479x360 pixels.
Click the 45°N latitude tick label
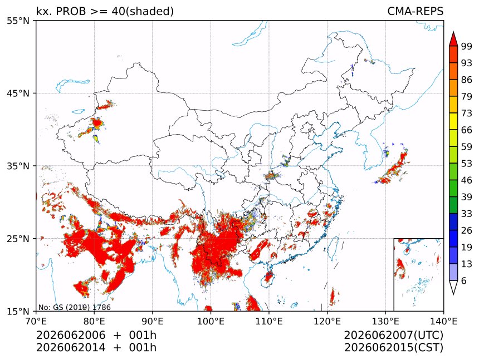(18, 93)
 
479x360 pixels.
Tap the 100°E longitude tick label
(211, 321)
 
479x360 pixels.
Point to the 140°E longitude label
(443, 321)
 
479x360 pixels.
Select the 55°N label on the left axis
(18, 21)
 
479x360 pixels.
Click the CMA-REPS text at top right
(415, 11)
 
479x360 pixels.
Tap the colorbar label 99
(467, 47)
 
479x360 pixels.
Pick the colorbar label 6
(464, 280)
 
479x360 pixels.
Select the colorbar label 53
(467, 164)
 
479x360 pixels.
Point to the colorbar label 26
(467, 230)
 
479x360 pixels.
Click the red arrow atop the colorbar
(453, 38)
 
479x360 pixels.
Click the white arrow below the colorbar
(453, 288)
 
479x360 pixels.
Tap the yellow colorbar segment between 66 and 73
(453, 121)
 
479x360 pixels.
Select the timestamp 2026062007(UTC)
(394, 335)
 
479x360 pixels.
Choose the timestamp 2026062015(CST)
(394, 348)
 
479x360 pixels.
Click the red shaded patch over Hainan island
(269, 277)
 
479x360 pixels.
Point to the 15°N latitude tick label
(18, 312)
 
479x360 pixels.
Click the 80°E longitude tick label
(94, 321)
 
